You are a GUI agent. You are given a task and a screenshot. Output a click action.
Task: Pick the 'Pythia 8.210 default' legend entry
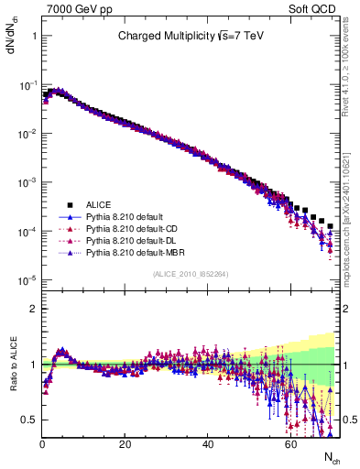(129, 216)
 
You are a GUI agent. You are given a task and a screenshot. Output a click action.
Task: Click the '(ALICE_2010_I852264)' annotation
(191, 273)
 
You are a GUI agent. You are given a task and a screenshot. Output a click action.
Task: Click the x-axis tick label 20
(125, 443)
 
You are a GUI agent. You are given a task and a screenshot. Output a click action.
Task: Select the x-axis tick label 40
(208, 443)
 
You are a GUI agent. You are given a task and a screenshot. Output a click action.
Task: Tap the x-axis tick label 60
(290, 443)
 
